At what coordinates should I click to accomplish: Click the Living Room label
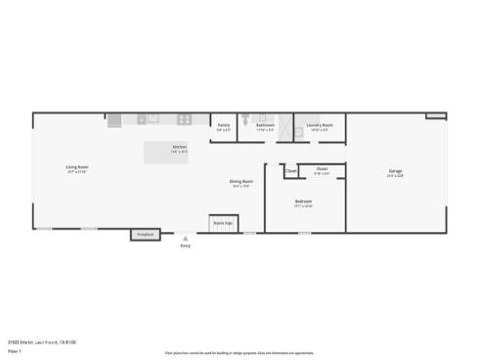click(x=77, y=167)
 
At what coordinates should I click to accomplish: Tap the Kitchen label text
click(x=179, y=147)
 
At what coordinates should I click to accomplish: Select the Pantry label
click(x=224, y=125)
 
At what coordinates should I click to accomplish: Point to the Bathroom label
click(x=265, y=125)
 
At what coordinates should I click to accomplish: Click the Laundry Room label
click(x=320, y=125)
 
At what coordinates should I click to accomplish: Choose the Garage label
click(x=395, y=172)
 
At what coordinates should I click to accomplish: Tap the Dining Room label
click(x=241, y=181)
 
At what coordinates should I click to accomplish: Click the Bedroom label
click(x=303, y=202)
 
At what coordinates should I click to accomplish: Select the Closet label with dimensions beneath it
click(x=322, y=169)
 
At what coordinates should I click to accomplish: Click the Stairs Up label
click(x=223, y=223)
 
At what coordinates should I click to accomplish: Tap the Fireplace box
click(x=146, y=235)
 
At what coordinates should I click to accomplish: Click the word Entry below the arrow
click(x=186, y=246)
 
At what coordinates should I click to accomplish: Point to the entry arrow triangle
click(x=186, y=238)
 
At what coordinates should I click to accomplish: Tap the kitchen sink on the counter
click(x=152, y=119)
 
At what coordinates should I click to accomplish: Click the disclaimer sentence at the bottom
click(x=239, y=352)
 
